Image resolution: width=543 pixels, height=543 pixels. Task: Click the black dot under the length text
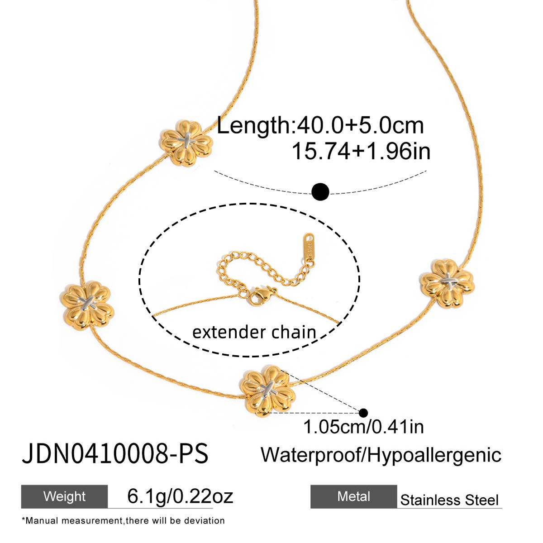tap(320, 192)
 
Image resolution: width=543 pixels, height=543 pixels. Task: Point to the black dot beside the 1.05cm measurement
tap(363, 413)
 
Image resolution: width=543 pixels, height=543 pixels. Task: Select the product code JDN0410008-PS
tap(115, 454)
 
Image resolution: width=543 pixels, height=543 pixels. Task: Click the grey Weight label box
tap(64, 496)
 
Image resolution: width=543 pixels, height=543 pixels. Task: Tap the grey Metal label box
tap(353, 496)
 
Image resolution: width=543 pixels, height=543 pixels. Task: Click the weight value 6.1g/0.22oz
tap(180, 496)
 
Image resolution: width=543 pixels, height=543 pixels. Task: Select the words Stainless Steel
tap(449, 500)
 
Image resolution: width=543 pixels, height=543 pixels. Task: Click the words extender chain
tap(254, 333)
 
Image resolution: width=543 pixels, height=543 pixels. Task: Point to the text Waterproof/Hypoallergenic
tap(381, 455)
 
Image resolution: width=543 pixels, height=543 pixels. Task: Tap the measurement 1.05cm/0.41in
tap(363, 427)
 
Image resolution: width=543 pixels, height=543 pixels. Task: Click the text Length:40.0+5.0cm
tap(320, 125)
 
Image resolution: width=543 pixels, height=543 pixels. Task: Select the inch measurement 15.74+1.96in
tap(361, 151)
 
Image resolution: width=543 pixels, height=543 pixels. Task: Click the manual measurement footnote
tap(123, 521)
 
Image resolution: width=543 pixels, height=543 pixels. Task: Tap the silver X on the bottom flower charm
tap(268, 388)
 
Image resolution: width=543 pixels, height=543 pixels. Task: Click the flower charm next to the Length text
tap(186, 143)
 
